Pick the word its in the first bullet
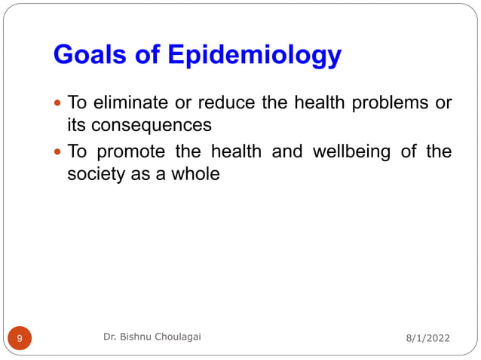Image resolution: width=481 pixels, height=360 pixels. tap(77, 125)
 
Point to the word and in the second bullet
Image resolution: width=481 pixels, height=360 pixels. tap(286, 151)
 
